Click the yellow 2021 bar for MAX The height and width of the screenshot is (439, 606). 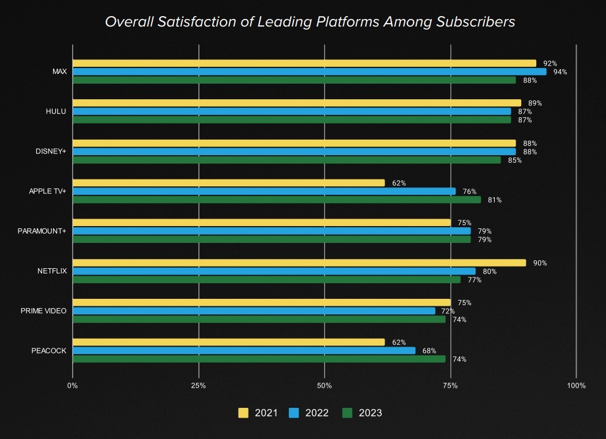[304, 63]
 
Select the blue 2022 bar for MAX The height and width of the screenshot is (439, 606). [309, 72]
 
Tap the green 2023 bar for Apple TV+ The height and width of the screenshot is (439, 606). [276, 200]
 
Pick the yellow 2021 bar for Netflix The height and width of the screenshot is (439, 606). [299, 263]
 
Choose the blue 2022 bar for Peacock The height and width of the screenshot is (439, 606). [243, 351]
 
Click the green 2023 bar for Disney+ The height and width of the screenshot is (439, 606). [286, 160]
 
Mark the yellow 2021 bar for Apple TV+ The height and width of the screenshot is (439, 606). [228, 183]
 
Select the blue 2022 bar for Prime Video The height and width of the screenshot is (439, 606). [254, 311]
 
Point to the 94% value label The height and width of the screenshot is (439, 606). [560, 72]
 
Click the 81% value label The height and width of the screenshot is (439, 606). [495, 200]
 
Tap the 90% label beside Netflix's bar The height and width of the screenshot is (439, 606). [540, 263]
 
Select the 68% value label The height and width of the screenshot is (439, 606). [429, 351]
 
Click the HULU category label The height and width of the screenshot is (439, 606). [56, 111]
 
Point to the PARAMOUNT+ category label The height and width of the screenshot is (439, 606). [42, 231]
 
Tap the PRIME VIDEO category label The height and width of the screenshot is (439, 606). [43, 311]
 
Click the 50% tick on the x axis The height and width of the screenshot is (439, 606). [325, 385]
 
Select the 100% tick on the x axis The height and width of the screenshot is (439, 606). [576, 385]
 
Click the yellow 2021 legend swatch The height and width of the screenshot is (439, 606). [243, 413]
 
